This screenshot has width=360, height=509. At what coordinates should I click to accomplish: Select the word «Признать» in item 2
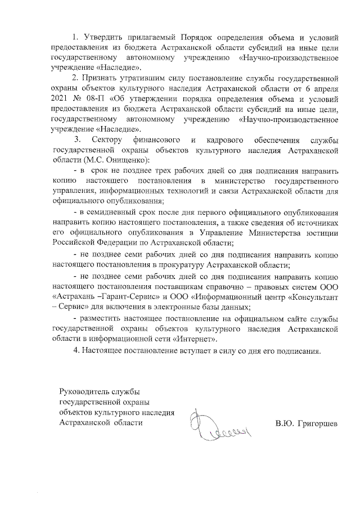pos(104,78)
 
